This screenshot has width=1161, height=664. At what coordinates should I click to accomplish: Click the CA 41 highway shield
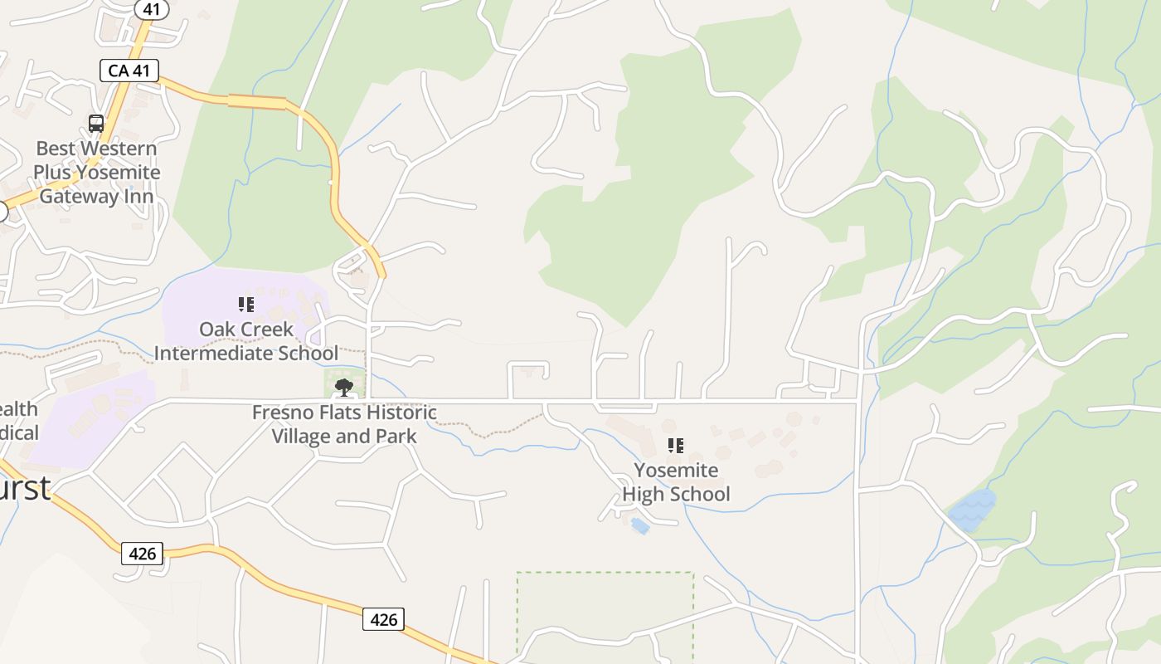[129, 71]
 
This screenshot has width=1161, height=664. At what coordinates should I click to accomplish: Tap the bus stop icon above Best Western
[96, 124]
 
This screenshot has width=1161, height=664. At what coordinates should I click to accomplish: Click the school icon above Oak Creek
[245, 305]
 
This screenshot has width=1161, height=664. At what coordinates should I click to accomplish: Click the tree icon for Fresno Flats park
[343, 387]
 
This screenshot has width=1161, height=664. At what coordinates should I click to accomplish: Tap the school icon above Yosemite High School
[676, 446]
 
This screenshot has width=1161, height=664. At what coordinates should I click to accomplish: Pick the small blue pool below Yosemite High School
[639, 525]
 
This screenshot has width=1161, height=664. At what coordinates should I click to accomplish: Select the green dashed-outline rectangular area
[605, 614]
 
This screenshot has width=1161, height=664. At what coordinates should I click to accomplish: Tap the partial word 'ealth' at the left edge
[18, 408]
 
